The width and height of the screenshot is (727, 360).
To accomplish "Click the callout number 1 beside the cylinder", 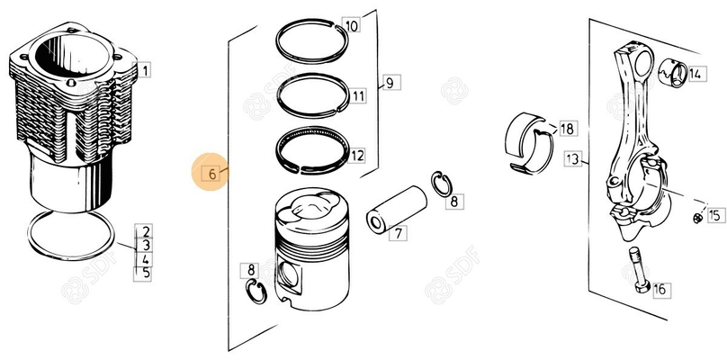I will point(145,68).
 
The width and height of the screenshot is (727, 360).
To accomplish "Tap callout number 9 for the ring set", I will point(389,84).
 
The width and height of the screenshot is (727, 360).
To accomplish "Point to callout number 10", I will point(351,26).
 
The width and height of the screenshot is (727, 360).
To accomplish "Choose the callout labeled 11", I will point(358,95).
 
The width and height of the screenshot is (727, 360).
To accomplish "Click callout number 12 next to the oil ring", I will point(357,156).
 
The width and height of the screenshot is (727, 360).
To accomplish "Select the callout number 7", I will point(396,233).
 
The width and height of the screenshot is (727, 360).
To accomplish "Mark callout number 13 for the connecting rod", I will point(573,159).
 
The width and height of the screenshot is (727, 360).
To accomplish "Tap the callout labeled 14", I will point(696,76).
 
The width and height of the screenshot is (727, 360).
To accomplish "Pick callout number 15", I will point(714,215).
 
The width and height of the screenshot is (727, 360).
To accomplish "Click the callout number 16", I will point(660,289).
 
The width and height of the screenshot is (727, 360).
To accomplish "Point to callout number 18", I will point(566,129).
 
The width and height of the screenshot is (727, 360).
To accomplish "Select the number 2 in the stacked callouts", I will point(145,231).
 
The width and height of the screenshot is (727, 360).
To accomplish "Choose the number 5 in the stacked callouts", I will point(145,274).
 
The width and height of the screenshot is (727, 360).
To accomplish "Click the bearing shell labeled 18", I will point(530,142).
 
